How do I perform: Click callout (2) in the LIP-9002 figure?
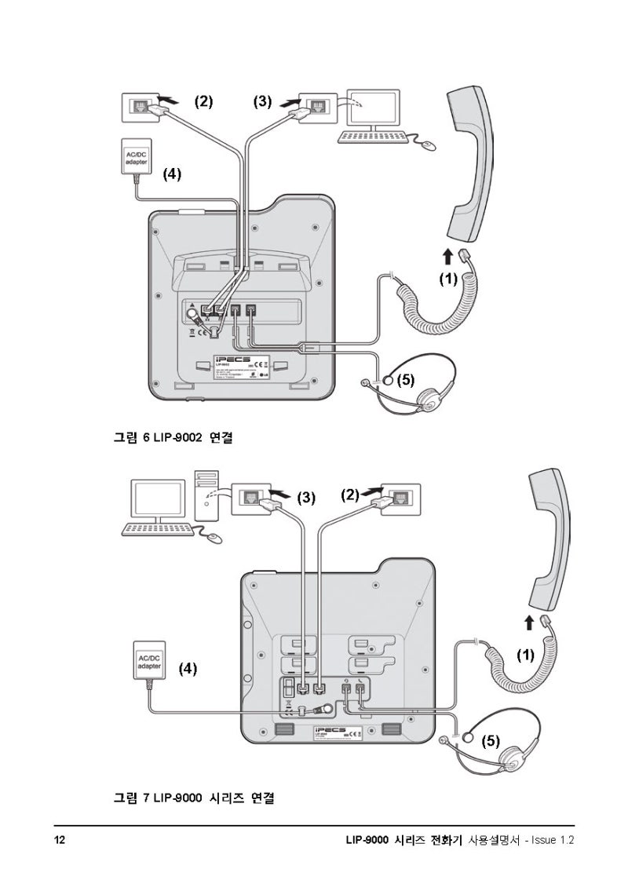203,101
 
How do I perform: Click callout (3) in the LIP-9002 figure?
262,101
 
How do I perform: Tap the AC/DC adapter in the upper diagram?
137,157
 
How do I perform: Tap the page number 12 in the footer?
60,840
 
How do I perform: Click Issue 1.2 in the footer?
553,840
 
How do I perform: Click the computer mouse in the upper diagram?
427,144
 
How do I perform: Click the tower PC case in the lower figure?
206,496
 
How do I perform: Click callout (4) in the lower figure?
188,668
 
